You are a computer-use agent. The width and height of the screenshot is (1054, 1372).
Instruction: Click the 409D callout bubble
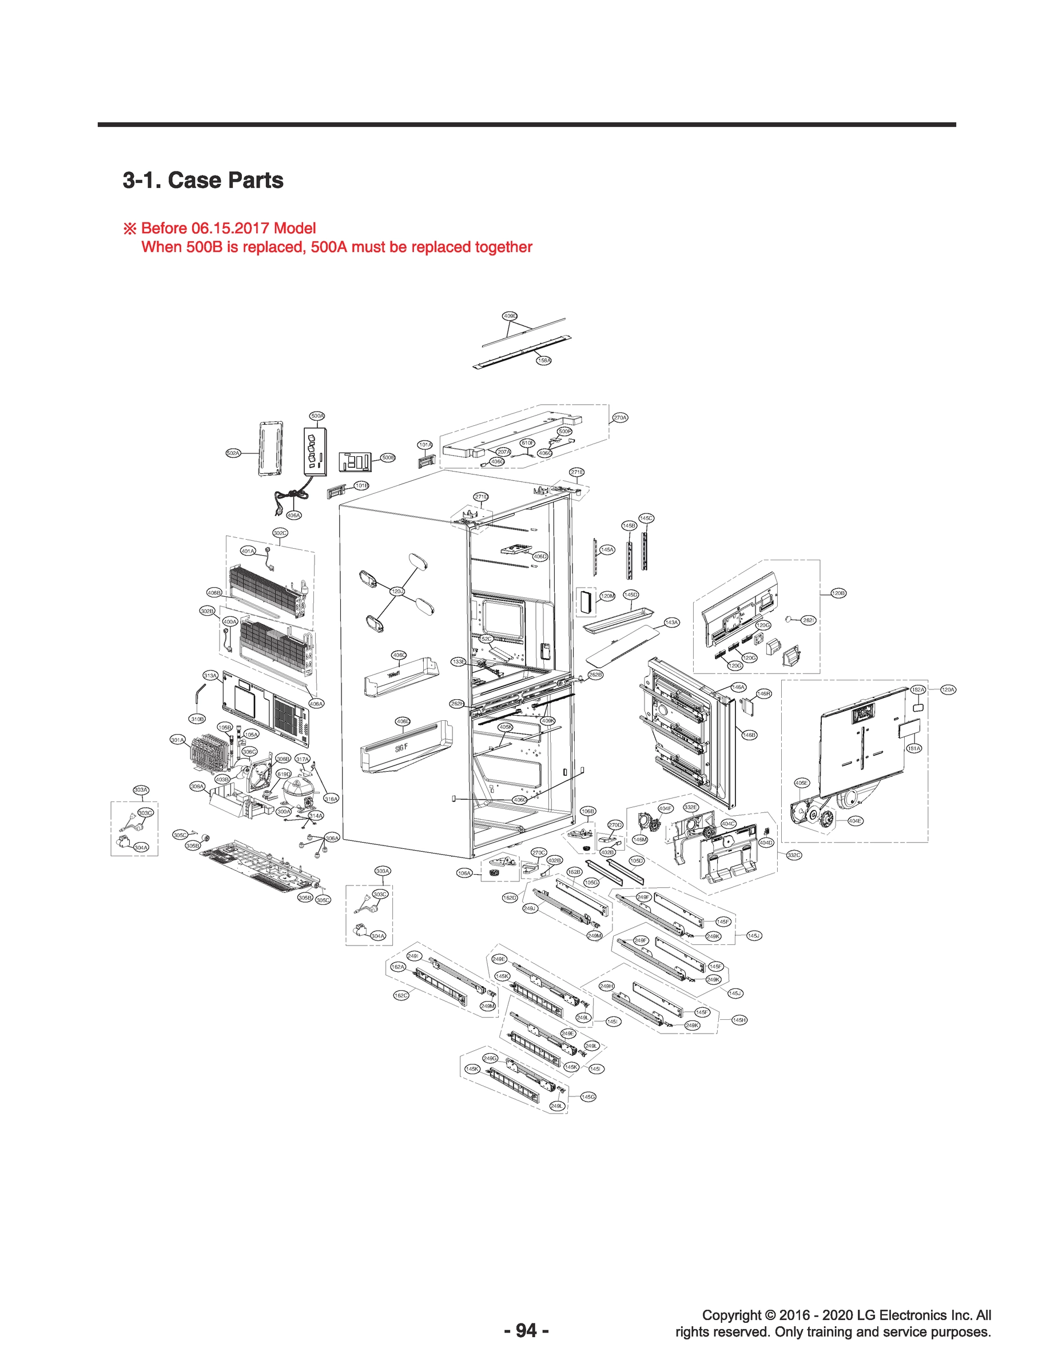point(510,316)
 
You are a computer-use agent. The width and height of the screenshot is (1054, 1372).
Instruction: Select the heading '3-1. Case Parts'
point(202,181)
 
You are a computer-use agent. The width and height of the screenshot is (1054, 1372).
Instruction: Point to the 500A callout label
point(317,416)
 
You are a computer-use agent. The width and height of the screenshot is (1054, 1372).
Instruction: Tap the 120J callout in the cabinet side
point(397,591)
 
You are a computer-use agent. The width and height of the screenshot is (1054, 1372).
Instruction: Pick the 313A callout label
point(210,675)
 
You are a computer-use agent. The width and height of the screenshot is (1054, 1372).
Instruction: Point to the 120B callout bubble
point(838,593)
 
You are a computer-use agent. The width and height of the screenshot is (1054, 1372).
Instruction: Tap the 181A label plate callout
point(914,748)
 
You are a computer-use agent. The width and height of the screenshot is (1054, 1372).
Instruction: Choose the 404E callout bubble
point(855,820)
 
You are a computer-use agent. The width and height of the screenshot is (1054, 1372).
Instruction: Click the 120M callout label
point(607,596)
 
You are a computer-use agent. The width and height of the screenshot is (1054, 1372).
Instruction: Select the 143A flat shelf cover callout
point(672,623)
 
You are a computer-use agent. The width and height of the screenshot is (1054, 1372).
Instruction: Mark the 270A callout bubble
point(620,418)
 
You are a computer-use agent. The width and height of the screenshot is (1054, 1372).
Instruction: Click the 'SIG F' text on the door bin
point(401,749)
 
